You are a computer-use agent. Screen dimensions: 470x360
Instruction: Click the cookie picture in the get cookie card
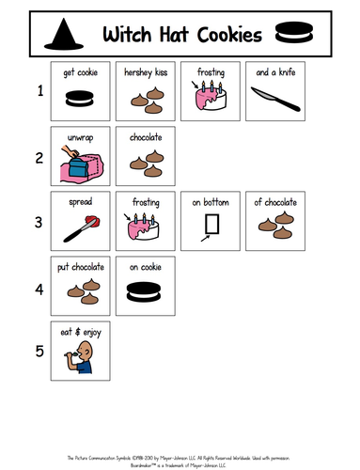point(82,98)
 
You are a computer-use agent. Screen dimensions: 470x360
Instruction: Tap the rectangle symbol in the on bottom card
point(211,226)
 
